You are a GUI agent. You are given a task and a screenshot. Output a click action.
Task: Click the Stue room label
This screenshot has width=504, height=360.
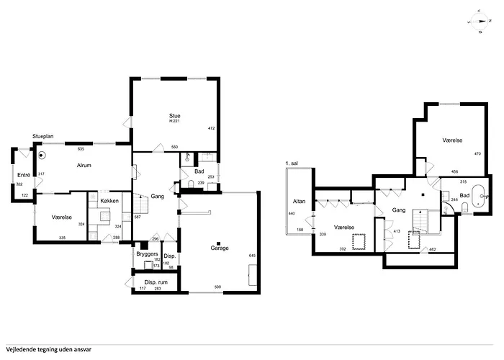[174, 116]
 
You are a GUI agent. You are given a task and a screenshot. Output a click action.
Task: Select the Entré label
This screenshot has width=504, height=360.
[23, 175]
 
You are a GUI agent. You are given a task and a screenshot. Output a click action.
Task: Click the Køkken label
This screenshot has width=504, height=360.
[109, 200]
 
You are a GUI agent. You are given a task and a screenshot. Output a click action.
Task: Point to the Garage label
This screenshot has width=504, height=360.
[220, 248]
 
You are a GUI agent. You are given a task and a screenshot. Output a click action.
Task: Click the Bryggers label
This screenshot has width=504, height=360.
[147, 254]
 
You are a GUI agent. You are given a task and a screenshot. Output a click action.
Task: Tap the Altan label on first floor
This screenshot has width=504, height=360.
[297, 201]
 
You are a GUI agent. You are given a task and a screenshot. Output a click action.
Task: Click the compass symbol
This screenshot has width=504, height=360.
[480, 22]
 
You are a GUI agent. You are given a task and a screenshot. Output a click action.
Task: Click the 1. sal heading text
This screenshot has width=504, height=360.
[292, 163]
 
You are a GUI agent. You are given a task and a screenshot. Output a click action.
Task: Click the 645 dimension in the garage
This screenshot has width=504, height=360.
[251, 256]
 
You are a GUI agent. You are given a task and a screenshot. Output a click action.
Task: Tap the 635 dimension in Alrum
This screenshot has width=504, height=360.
[81, 149]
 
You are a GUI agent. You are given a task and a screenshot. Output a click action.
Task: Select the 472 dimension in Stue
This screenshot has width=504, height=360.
[212, 128]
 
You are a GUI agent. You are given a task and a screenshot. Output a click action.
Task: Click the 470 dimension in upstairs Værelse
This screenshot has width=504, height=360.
[477, 154]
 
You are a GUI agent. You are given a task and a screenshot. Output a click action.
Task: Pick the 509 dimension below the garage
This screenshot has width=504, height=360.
[217, 289]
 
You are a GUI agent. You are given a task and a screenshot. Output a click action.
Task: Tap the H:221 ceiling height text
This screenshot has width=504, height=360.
[174, 122]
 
